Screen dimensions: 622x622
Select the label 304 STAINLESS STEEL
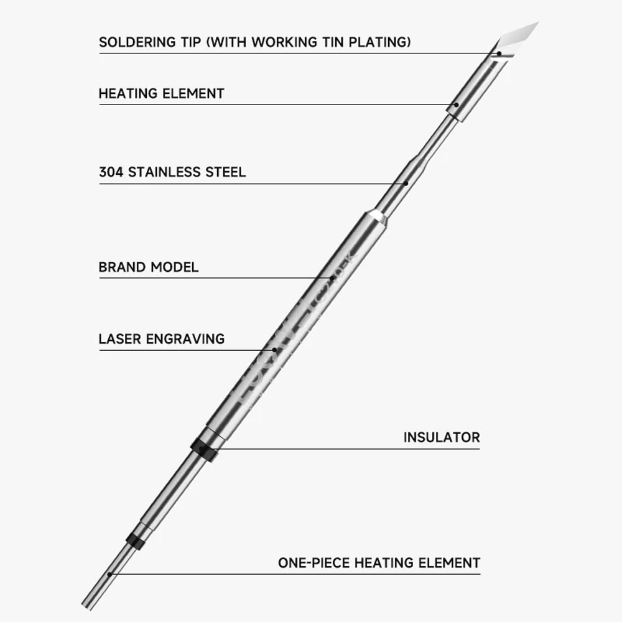click(172, 172)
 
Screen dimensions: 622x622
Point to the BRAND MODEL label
click(149, 267)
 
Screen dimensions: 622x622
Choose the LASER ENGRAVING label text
click(162, 339)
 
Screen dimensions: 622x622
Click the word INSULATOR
click(442, 437)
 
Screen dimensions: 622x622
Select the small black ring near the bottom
click(135, 540)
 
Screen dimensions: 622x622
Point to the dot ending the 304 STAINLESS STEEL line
click(406, 183)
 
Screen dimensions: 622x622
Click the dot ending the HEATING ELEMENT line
click(456, 104)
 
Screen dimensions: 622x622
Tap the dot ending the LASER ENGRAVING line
click(276, 350)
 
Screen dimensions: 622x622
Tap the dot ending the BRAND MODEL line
click(333, 277)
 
